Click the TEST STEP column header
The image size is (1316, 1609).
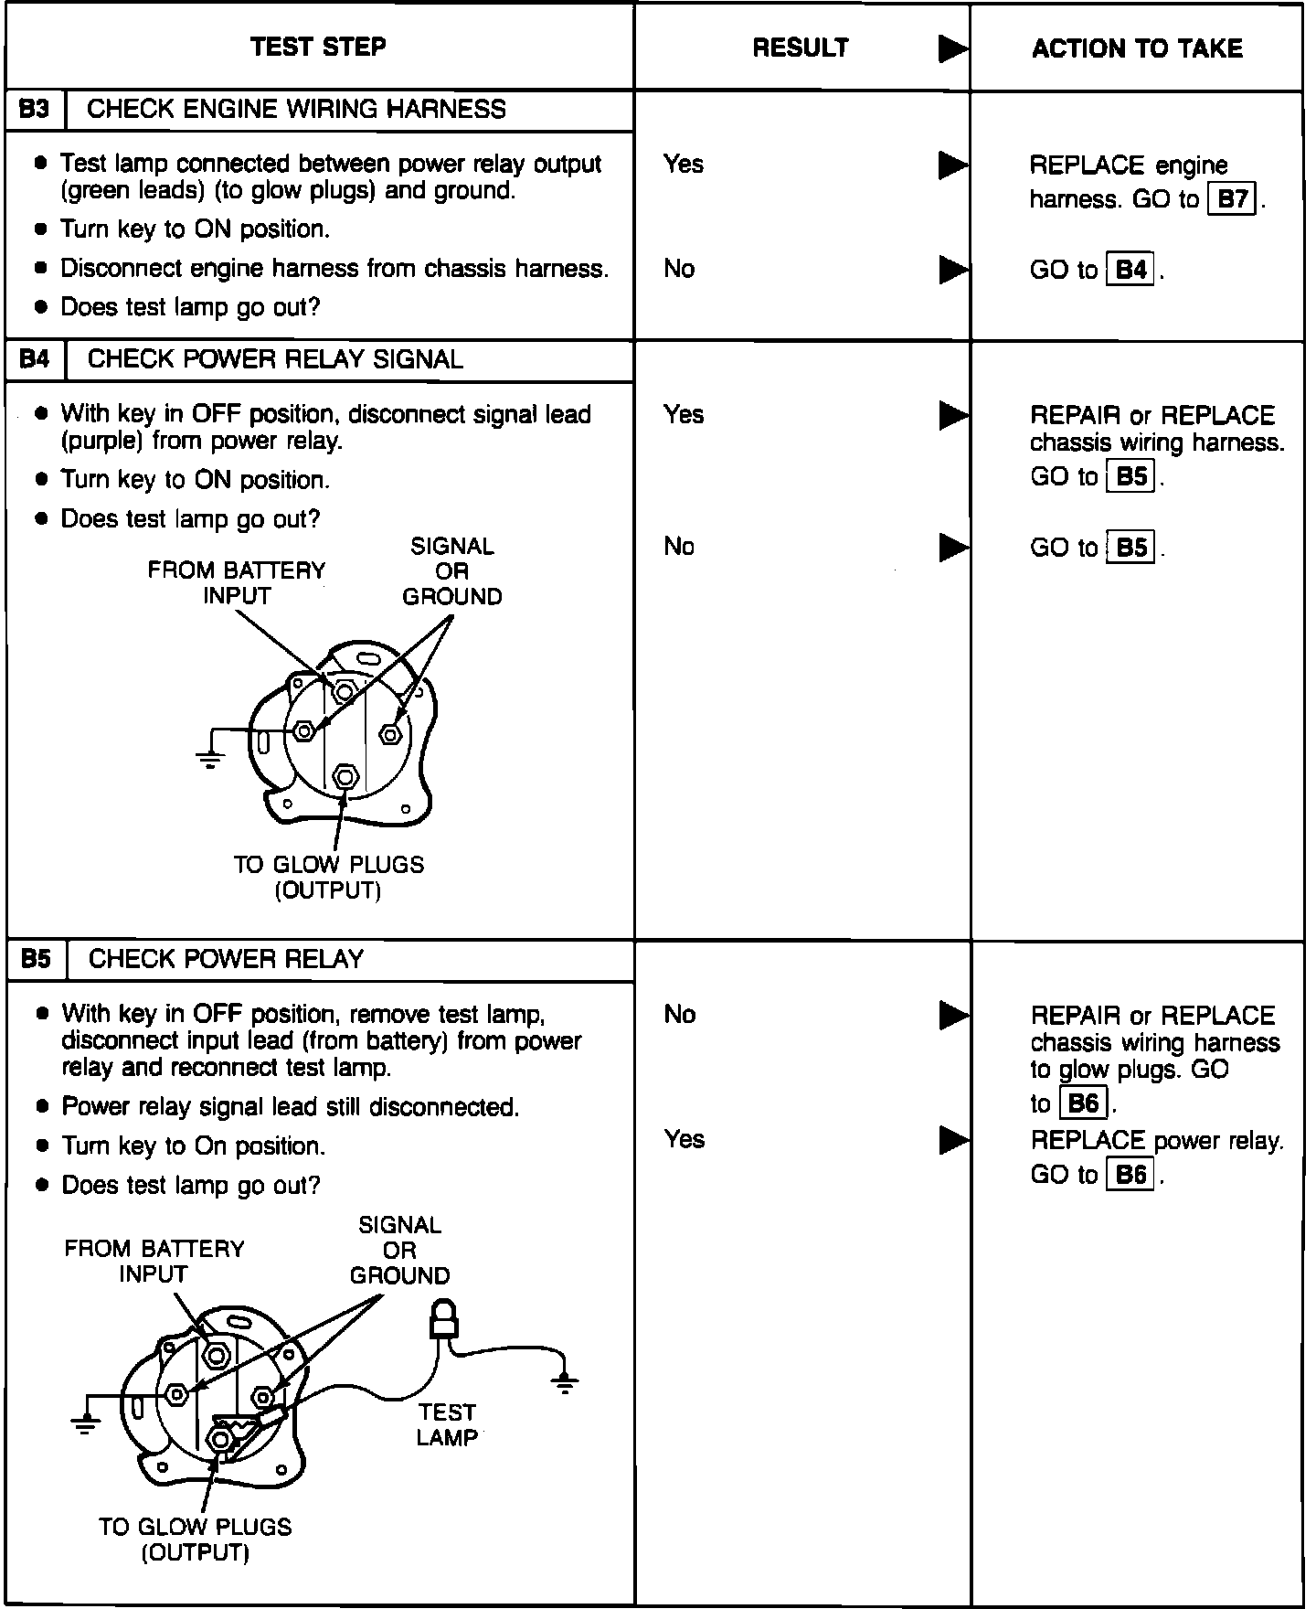pyautogui.click(x=318, y=47)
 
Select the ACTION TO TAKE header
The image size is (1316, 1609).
pyautogui.click(x=1137, y=48)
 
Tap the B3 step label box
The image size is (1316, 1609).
pyautogui.click(x=35, y=110)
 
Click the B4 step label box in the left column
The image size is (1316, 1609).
pyautogui.click(x=35, y=359)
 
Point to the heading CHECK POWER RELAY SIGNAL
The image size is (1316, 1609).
pyautogui.click(x=275, y=359)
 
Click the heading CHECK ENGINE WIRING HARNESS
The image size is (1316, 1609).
pyautogui.click(x=296, y=110)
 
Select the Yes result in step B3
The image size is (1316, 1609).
pyautogui.click(x=684, y=165)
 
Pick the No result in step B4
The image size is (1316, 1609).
pyautogui.click(x=679, y=547)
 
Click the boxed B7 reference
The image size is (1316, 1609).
pyautogui.click(x=1233, y=199)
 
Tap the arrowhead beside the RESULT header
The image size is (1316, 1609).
pyautogui.click(x=952, y=49)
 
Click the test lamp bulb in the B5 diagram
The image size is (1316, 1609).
pyautogui.click(x=444, y=1317)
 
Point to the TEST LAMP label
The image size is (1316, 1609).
pyautogui.click(x=447, y=1425)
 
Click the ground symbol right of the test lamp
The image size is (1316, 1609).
pyautogui.click(x=566, y=1382)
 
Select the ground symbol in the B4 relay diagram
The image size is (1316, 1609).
pyautogui.click(x=210, y=756)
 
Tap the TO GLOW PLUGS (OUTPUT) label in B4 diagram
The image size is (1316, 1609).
pyautogui.click(x=328, y=877)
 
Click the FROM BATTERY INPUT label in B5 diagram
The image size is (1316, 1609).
pyautogui.click(x=154, y=1262)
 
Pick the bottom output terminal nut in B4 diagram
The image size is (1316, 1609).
pyautogui.click(x=345, y=777)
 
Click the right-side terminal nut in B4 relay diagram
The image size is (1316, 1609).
pyautogui.click(x=390, y=733)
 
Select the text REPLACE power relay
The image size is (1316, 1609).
pyautogui.click(x=1157, y=1141)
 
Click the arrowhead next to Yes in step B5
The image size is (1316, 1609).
pyautogui.click(x=952, y=1140)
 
